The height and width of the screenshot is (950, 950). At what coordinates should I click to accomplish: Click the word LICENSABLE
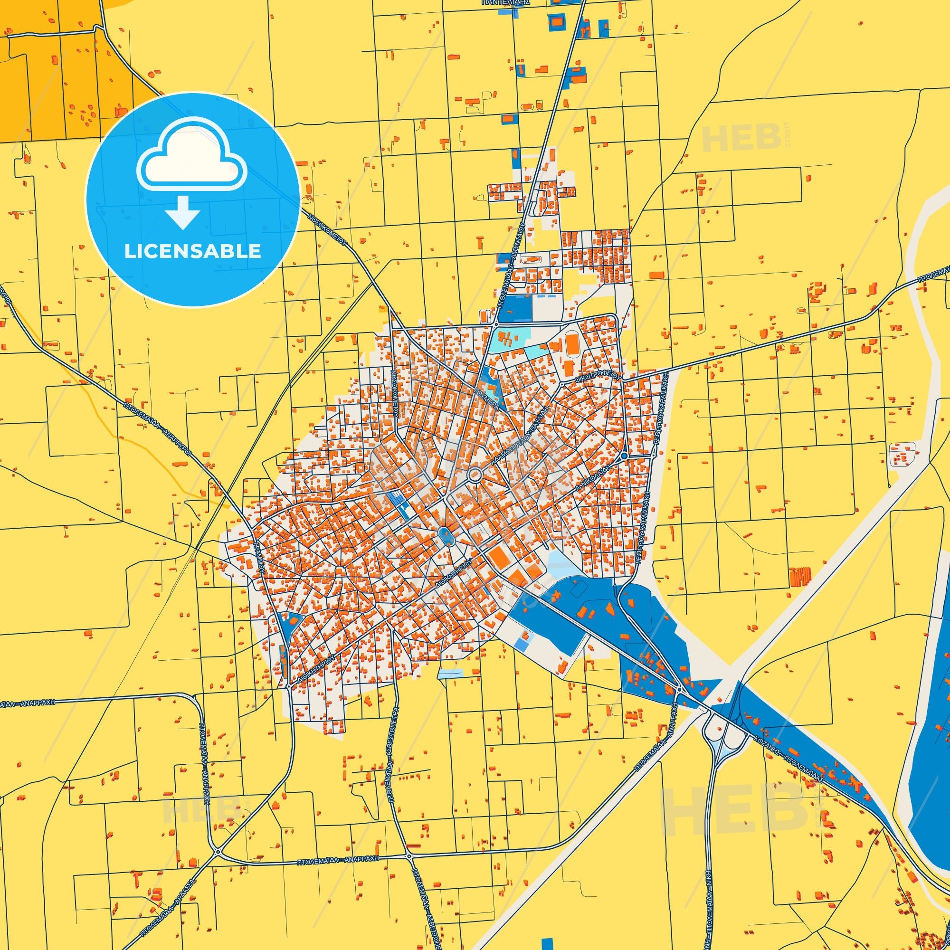[x=192, y=251]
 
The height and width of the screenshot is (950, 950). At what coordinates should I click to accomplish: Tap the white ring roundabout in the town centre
[x=475, y=475]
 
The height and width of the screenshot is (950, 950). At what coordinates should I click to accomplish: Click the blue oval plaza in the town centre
[x=446, y=535]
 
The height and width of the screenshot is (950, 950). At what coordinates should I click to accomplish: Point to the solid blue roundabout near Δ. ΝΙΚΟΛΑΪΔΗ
[x=624, y=456]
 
